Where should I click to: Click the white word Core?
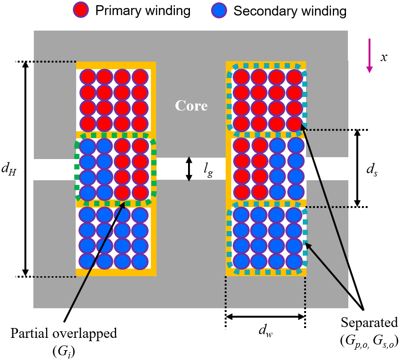pos(191,106)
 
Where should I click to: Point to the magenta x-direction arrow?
pos(370,56)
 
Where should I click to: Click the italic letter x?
pos(384,57)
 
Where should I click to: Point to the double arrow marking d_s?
pos(357,168)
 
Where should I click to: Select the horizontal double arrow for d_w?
pos(266,317)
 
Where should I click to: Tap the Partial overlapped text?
pos(63,334)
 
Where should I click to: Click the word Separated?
pos(370,323)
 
